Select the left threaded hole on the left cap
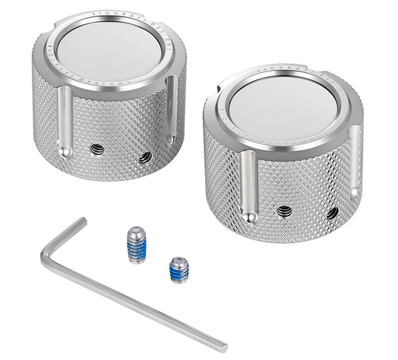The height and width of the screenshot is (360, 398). (x=96, y=149)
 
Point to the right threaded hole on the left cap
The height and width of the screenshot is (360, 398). (x=145, y=157)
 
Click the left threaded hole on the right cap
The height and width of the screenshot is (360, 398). (x=285, y=211)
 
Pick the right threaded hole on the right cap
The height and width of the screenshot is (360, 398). (x=332, y=212)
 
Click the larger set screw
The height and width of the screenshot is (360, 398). (x=137, y=244)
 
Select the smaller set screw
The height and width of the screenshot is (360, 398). (x=179, y=270)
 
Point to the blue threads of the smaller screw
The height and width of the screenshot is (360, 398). (x=179, y=272)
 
